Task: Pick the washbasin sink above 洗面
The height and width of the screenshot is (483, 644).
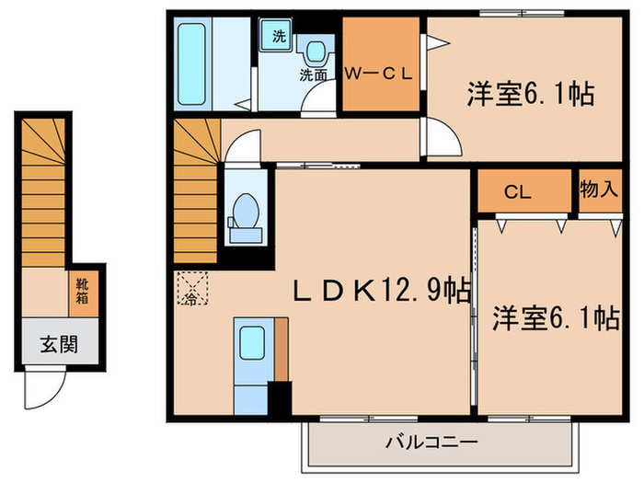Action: pyautogui.click(x=315, y=51)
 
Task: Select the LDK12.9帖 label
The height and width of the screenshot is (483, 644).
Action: pyautogui.click(x=382, y=292)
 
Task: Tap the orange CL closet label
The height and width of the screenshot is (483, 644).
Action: pyautogui.click(x=517, y=192)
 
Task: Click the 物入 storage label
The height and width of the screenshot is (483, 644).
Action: pyautogui.click(x=598, y=190)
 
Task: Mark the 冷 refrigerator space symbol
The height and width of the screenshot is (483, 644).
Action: pyautogui.click(x=192, y=290)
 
